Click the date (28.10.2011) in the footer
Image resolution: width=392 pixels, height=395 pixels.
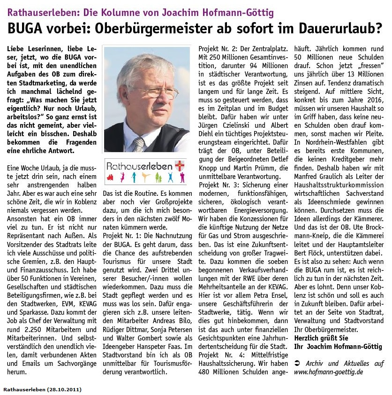point(63,389)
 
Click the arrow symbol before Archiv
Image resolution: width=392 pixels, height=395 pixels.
point(297,363)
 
